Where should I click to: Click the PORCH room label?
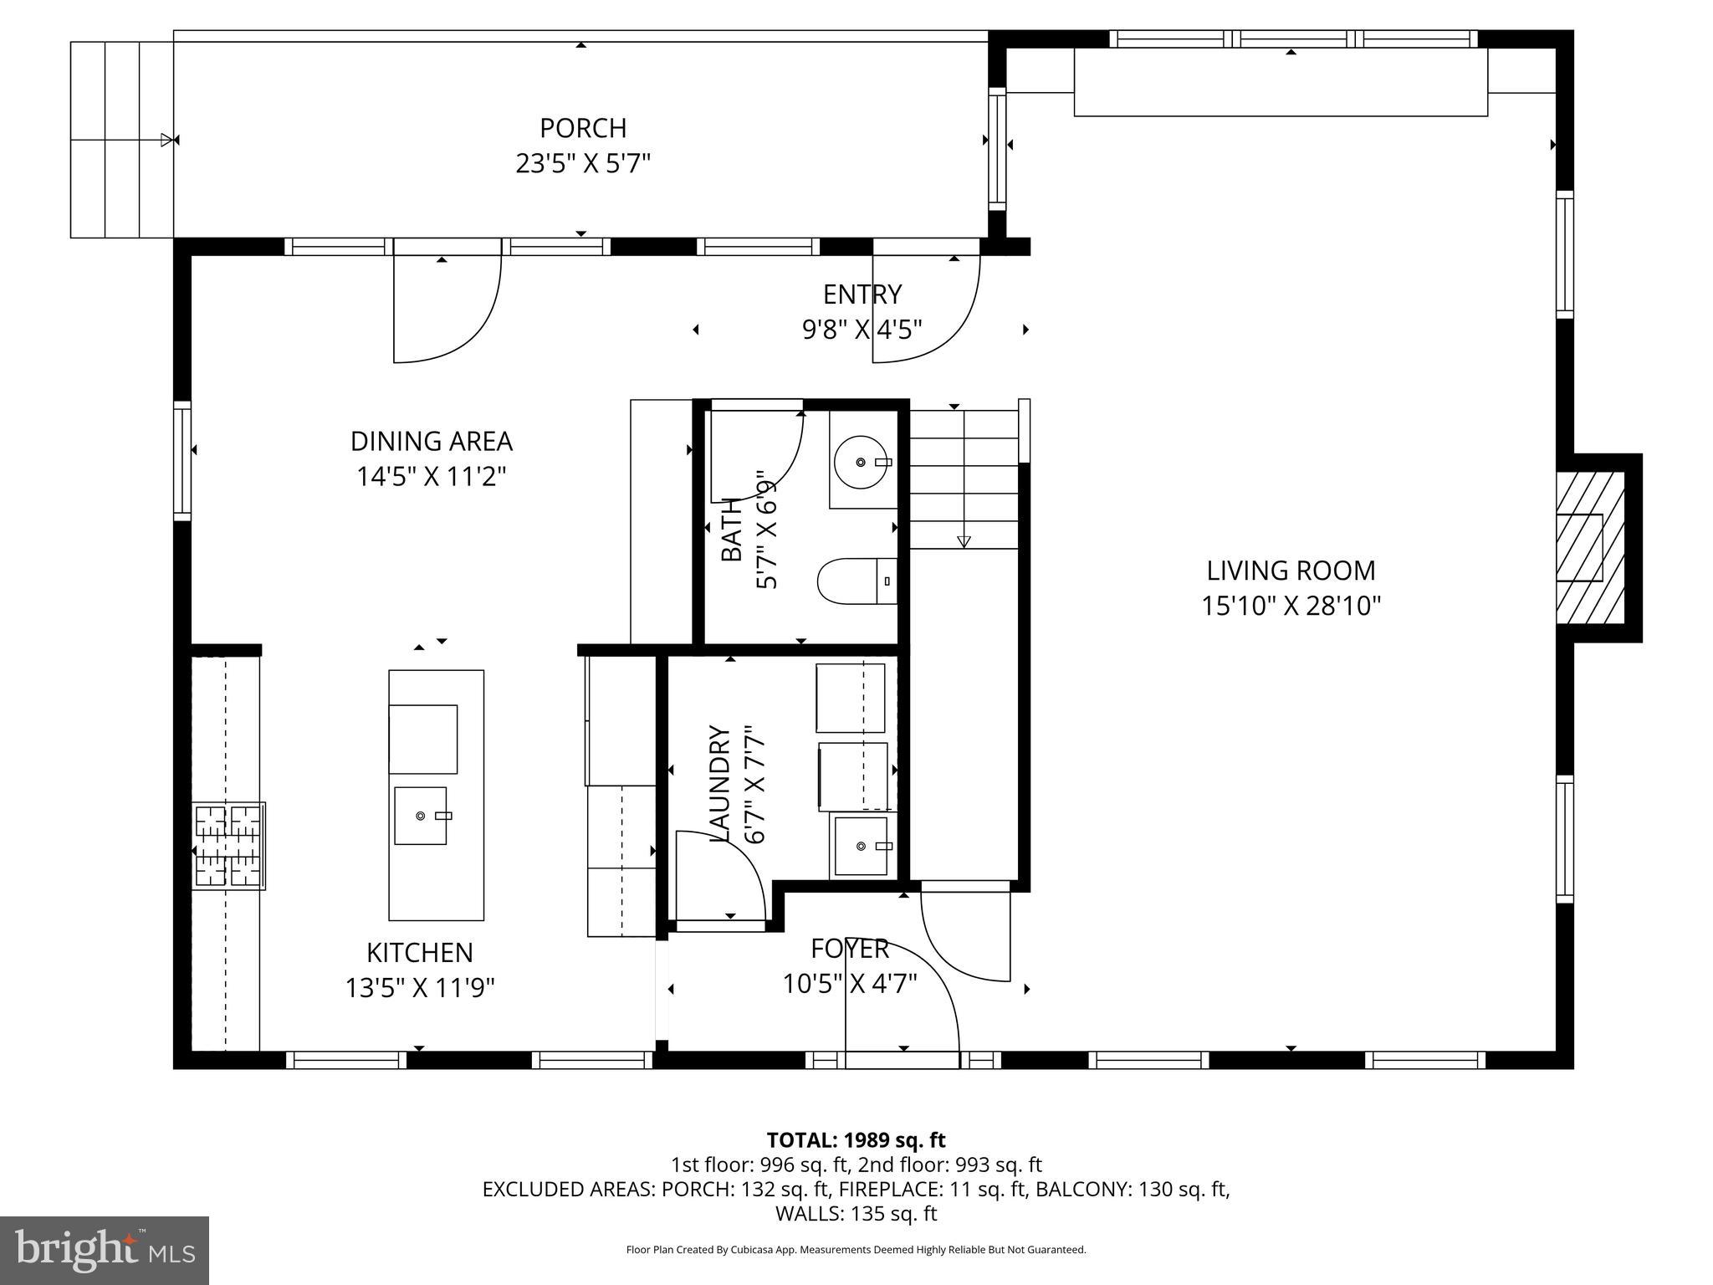point(583,128)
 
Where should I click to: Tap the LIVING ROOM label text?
point(1291,571)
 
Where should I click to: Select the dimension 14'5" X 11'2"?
point(432,477)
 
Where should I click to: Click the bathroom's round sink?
point(862,462)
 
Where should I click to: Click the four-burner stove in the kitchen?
point(228,846)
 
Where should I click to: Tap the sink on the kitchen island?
point(421,816)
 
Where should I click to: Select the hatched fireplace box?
point(1589,548)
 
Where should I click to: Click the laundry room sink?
point(861,847)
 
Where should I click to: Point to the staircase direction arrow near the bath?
point(964,540)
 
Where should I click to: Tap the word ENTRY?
point(862,294)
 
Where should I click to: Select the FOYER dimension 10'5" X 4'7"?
point(850,984)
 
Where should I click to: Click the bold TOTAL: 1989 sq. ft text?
point(856,1140)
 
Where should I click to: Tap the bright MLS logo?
point(105,1251)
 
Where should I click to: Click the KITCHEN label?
point(420,952)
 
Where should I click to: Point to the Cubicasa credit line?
point(856,1250)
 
